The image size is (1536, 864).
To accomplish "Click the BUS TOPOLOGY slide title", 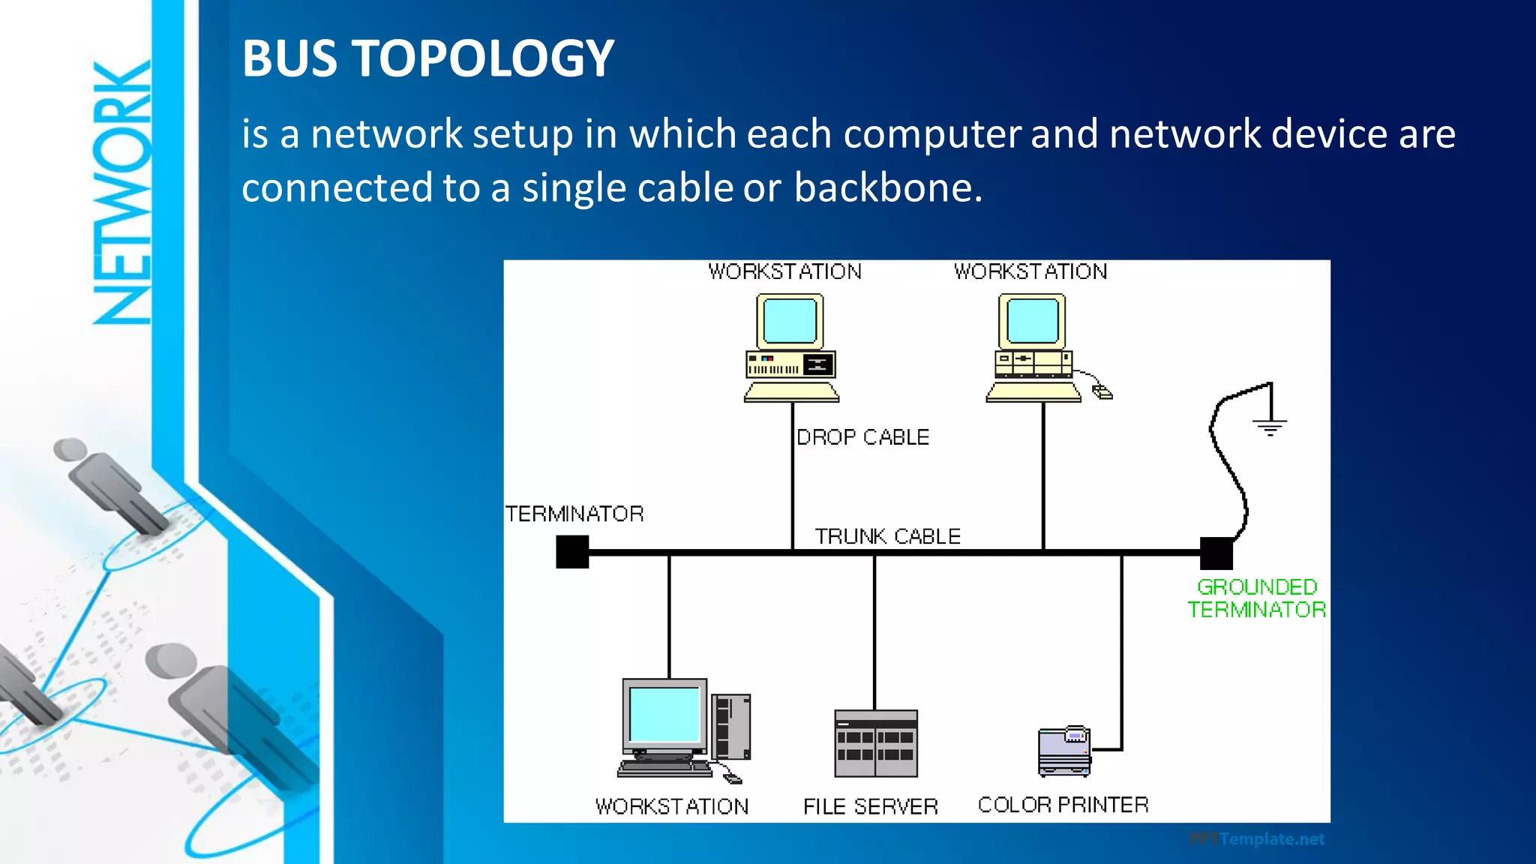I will (x=427, y=58).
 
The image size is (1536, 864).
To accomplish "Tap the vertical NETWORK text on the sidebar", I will (x=122, y=193).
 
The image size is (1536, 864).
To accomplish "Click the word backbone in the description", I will (x=887, y=187).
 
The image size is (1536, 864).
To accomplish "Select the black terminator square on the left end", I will (x=572, y=552).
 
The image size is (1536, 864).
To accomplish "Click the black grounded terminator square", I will (x=1216, y=553).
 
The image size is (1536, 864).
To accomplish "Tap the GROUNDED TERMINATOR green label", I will (x=1257, y=598).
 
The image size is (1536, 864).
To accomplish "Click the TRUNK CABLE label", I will (x=887, y=536).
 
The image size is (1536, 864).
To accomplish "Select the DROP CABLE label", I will (x=862, y=437).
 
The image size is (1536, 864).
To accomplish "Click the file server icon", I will (x=876, y=744).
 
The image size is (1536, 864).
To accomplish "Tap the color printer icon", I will (x=1065, y=751).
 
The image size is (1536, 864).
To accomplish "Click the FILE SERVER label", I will (x=870, y=806).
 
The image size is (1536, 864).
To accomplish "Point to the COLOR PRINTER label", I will (x=1063, y=805).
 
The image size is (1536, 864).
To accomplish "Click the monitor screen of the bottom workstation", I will (x=664, y=714).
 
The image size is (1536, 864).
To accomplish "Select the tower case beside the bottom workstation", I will (x=730, y=726).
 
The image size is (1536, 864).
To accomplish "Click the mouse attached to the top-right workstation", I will (x=1102, y=391).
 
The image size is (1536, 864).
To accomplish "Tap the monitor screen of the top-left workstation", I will (x=790, y=320).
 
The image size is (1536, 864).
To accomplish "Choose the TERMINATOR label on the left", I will (x=574, y=514).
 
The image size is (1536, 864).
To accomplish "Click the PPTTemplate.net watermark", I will (x=1257, y=839).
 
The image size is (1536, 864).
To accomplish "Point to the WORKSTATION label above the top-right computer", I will (x=1030, y=271).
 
